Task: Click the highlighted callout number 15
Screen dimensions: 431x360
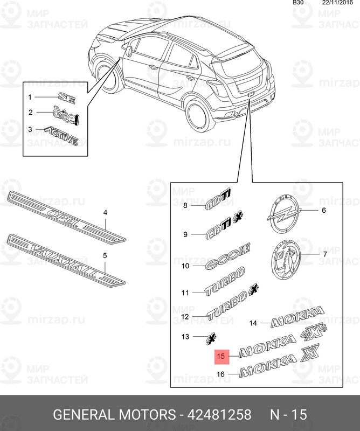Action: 220,356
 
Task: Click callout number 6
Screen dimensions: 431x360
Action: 324,211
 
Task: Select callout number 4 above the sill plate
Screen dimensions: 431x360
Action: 105,213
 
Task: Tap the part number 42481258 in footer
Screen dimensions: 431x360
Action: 218,414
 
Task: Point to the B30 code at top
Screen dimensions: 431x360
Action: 298,3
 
